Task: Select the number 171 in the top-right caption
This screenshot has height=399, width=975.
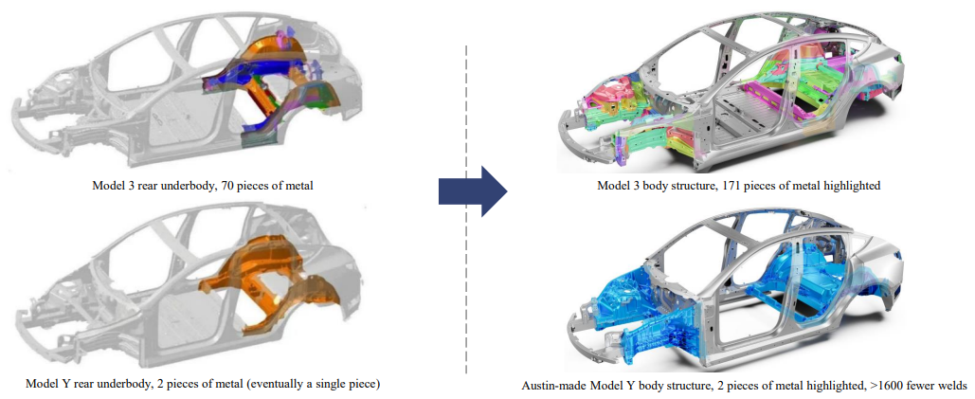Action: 720,186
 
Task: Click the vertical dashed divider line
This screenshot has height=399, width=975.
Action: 465,209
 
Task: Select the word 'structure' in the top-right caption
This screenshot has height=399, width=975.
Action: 677,186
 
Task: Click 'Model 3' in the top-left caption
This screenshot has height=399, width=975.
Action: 114,185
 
